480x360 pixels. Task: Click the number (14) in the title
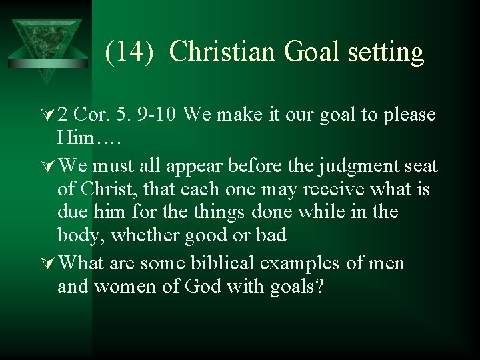point(131,52)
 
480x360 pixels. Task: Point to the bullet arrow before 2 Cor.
point(48,115)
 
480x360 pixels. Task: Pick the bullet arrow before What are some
point(48,263)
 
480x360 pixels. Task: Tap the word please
point(409,115)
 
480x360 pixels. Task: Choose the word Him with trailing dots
point(85,139)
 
